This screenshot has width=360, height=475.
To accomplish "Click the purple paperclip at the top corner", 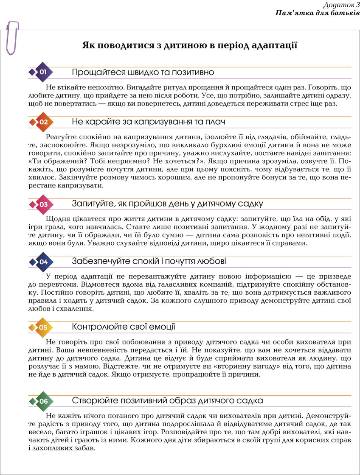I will [x=11, y=37].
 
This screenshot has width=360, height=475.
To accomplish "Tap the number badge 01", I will [x=43, y=72].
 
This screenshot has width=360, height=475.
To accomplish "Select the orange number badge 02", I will [x=43, y=122].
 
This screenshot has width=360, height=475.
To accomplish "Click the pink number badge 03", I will [x=43, y=204].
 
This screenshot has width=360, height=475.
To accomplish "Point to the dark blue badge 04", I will [x=43, y=262].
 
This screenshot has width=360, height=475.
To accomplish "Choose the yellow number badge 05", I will [x=43, y=327].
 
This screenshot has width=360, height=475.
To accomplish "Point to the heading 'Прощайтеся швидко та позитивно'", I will [x=143, y=72].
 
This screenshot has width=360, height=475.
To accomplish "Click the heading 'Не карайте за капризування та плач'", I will [x=148, y=122].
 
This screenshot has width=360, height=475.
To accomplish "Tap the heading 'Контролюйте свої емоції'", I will [x=124, y=327].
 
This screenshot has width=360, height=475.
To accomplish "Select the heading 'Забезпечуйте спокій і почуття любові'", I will [x=149, y=261].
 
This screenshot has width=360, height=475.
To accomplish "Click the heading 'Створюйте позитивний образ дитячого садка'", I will [x=167, y=401].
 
